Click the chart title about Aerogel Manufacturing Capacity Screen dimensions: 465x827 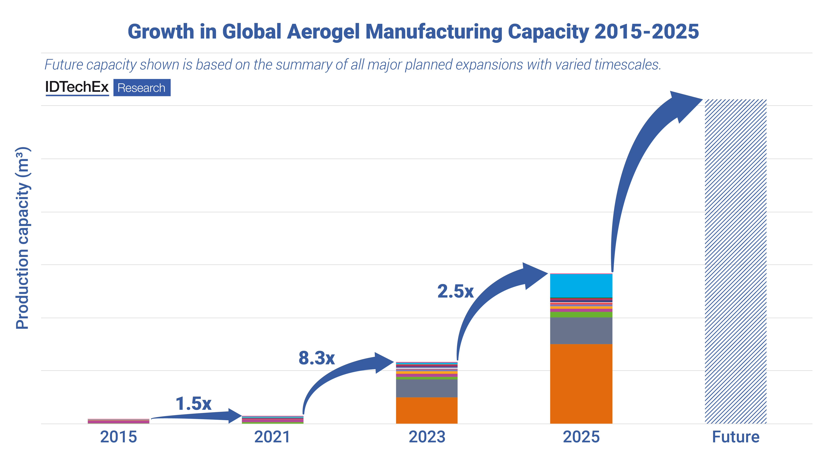(x=413, y=32)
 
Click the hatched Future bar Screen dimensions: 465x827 (x=736, y=262)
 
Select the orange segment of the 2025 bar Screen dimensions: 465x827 (x=581, y=384)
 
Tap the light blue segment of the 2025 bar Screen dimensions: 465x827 (x=581, y=286)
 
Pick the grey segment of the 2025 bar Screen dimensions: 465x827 (x=581, y=331)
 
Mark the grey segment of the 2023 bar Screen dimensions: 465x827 (x=427, y=388)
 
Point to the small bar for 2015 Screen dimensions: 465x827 (x=118, y=421)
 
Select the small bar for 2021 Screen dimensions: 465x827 (x=272, y=420)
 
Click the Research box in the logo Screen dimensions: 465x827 (x=142, y=88)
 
